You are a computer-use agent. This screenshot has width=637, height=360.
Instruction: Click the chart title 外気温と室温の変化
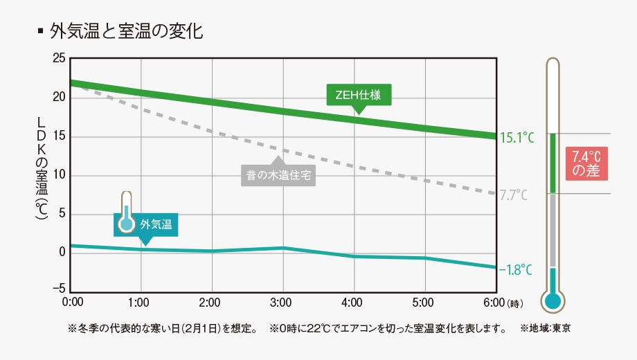click(126, 32)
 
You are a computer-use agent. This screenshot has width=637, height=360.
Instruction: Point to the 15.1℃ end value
click(517, 137)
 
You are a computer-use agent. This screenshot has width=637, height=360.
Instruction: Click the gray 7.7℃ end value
click(513, 195)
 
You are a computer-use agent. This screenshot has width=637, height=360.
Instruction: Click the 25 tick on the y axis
click(59, 59)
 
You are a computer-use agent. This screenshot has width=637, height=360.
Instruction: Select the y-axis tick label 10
click(59, 175)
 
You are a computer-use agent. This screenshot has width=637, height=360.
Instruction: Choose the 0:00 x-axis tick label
click(72, 303)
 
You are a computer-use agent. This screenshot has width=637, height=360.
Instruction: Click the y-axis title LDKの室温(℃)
click(42, 168)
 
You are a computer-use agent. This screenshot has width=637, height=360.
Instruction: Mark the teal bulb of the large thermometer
click(552, 300)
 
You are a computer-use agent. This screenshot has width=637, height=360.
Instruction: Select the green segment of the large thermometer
click(553, 163)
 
